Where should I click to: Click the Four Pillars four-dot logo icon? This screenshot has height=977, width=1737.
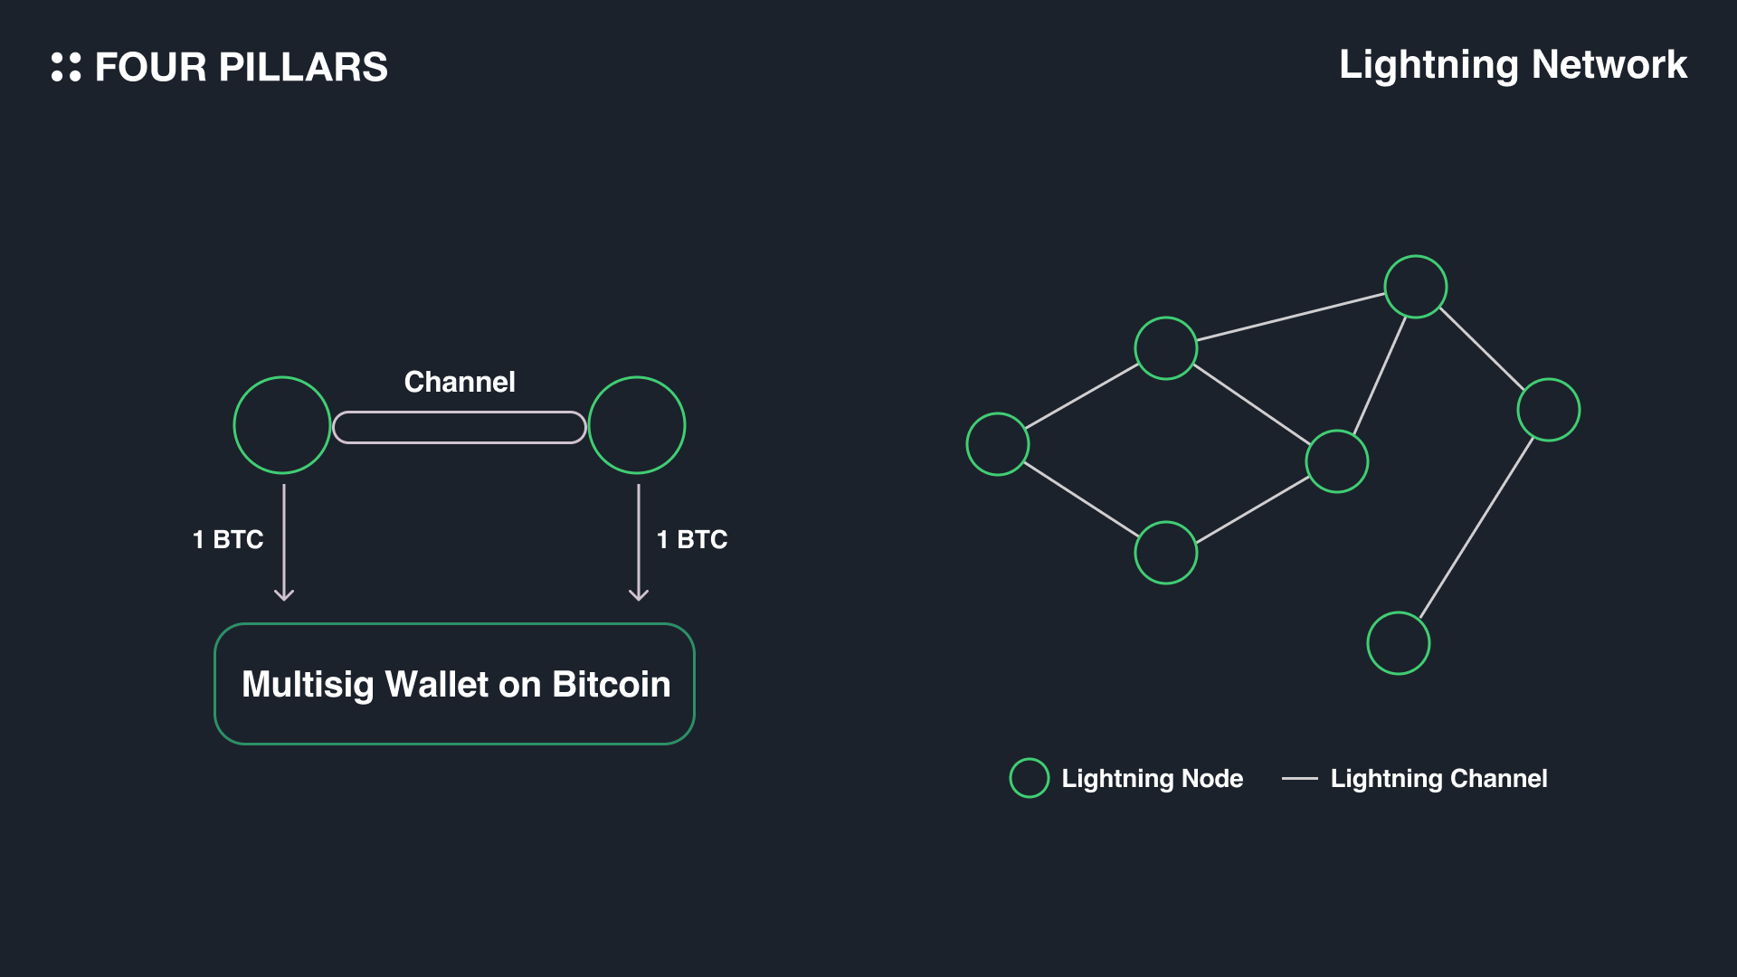[66, 67]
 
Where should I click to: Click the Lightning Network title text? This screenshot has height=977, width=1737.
[1513, 65]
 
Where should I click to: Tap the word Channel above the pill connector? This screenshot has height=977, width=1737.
[460, 382]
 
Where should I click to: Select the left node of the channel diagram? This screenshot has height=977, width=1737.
[282, 425]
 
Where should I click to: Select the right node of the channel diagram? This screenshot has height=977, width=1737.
[637, 425]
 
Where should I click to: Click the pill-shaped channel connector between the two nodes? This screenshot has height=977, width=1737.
[460, 427]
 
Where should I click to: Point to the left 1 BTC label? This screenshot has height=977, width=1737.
[228, 540]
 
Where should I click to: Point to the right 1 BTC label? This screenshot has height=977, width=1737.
[692, 540]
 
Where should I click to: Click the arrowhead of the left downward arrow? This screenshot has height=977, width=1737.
[284, 594]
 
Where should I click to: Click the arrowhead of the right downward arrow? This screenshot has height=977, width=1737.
[639, 594]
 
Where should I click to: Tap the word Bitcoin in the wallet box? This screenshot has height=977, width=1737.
[612, 685]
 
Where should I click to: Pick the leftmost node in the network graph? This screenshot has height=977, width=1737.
[998, 444]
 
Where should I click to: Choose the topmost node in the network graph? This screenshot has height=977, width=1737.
[1416, 287]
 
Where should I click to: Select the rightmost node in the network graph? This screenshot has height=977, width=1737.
[1549, 410]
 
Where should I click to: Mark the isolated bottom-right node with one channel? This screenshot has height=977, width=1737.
[1399, 643]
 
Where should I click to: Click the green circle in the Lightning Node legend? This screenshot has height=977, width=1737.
[1030, 778]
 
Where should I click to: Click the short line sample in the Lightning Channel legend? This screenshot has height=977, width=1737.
[1300, 778]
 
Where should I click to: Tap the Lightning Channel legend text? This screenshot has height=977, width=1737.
[1438, 779]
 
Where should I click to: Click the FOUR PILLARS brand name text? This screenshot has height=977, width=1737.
[242, 68]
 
